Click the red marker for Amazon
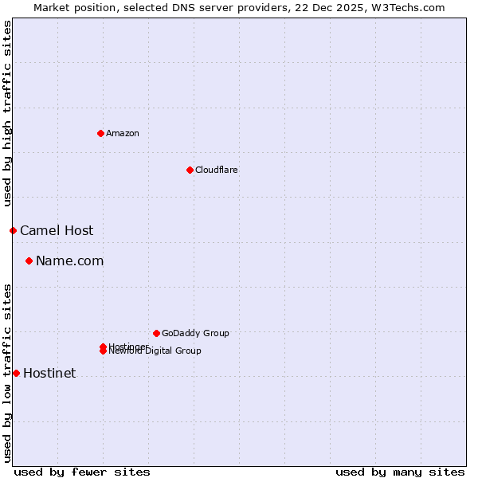[x=100, y=133]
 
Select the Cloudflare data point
[x=190, y=170]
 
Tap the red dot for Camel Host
[x=13, y=230]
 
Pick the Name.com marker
[x=29, y=261]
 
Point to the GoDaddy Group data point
[x=156, y=333]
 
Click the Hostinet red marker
[x=16, y=373]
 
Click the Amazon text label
[x=122, y=133]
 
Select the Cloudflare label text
[x=216, y=170]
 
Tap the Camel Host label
[x=57, y=230]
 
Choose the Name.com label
[x=69, y=261]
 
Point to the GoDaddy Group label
[x=195, y=333]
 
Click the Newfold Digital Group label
[x=155, y=351]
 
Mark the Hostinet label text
[x=49, y=373]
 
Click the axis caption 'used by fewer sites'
[x=82, y=472]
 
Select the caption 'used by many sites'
[x=400, y=472]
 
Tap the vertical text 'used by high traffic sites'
[x=7, y=113]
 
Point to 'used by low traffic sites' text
[x=7, y=373]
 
